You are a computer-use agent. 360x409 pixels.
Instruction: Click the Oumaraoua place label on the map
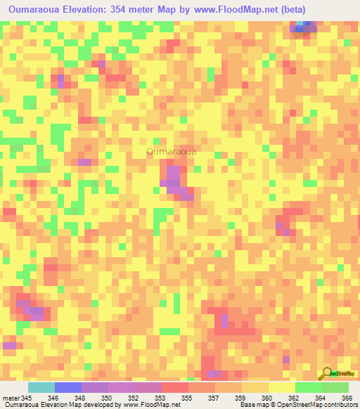(172, 150)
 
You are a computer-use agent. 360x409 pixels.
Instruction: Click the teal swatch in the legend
(41, 387)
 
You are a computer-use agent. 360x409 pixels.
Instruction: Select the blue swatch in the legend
(68, 387)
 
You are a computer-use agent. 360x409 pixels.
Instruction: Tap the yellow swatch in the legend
(281, 387)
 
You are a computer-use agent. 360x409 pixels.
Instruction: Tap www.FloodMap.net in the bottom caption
(149, 405)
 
